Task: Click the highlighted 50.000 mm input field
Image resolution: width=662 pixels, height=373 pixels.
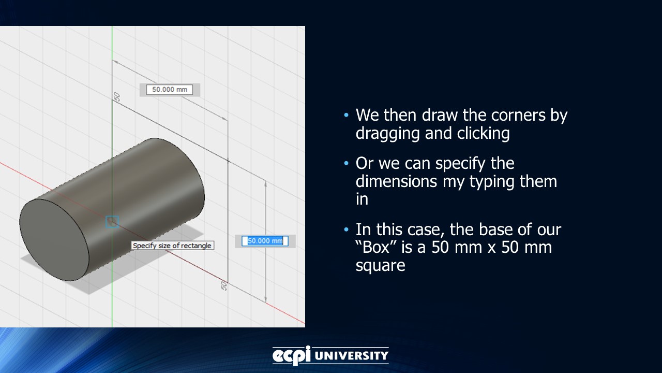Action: pos(265,241)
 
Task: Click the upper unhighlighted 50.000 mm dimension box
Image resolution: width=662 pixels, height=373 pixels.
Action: pos(169,90)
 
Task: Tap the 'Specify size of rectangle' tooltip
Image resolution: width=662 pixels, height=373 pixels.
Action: pos(172,246)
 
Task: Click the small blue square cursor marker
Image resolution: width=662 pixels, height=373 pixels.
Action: pos(112,222)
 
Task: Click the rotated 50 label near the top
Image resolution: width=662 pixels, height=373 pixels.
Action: pos(117,96)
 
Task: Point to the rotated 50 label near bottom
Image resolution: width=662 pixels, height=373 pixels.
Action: pos(224,285)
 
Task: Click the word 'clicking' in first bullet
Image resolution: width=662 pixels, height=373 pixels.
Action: pos(483,134)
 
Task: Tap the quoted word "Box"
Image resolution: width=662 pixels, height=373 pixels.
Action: pos(377,247)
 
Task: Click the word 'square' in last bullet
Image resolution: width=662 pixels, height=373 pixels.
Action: pos(380,265)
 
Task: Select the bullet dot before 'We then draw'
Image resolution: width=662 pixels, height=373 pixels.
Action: pos(346,115)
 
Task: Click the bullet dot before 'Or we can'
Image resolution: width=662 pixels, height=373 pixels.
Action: pos(346,164)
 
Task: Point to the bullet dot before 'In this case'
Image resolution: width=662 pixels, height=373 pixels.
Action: pos(346,229)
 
